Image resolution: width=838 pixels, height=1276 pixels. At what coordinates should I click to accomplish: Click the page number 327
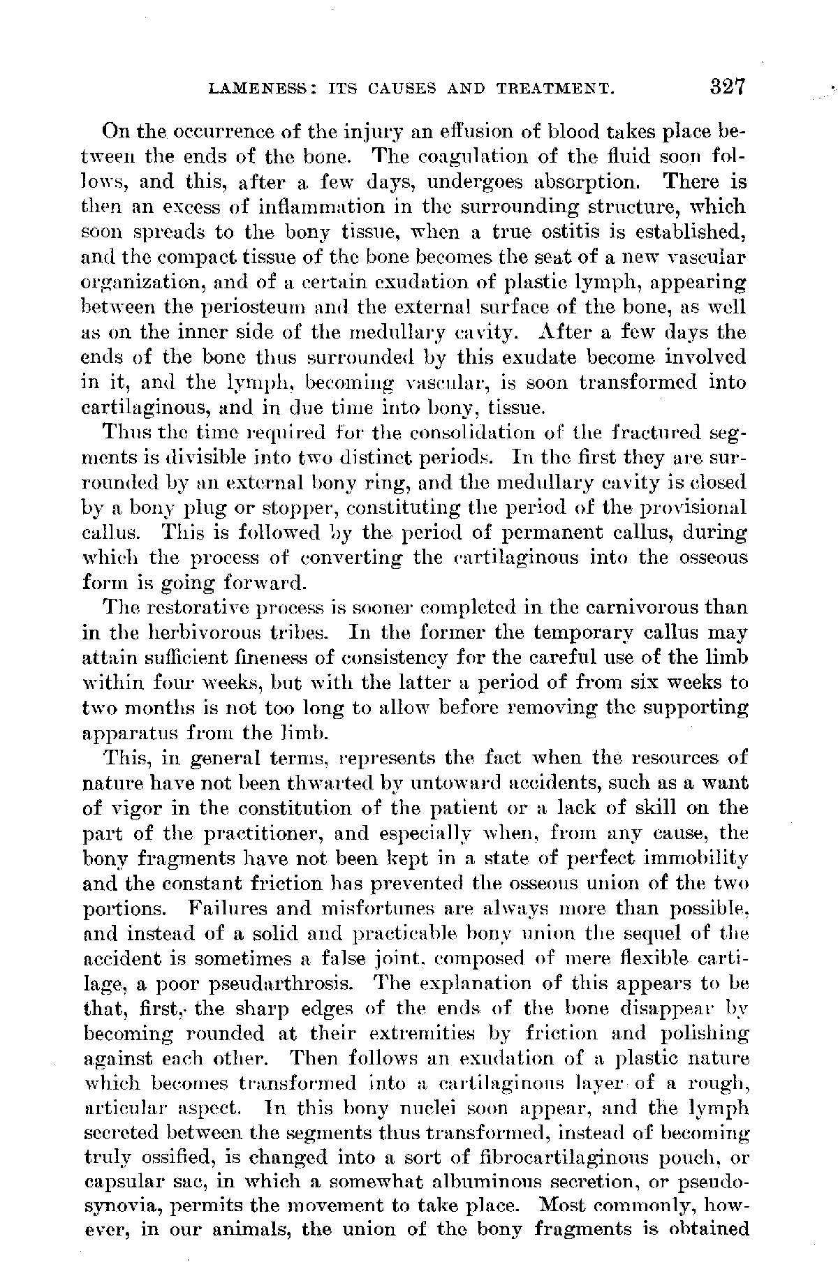click(x=726, y=87)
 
